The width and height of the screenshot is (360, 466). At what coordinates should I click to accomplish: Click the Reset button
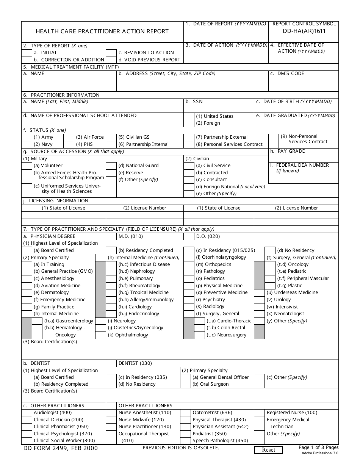point(269,450)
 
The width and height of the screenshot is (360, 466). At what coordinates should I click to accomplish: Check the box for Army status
point(27,137)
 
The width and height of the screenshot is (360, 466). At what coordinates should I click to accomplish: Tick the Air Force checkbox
point(69,137)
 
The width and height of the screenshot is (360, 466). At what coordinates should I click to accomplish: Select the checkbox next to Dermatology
point(27,292)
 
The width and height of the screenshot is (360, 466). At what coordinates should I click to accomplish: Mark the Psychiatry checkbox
point(189,300)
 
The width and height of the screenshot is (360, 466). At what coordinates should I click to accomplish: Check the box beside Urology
point(259,300)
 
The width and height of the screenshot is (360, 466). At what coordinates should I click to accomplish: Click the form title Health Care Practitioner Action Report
point(102,31)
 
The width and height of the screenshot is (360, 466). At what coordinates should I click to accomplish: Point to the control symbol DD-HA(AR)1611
point(304,31)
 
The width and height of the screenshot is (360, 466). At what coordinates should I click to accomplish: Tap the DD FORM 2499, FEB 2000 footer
point(59,448)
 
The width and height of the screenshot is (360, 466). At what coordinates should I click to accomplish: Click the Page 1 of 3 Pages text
point(318,447)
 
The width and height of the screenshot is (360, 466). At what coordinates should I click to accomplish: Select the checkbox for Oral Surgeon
point(185,384)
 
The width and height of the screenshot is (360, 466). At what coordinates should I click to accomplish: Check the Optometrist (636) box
point(185,413)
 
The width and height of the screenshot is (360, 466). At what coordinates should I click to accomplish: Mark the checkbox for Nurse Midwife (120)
point(111,420)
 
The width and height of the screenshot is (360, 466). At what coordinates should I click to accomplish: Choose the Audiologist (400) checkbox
point(27,413)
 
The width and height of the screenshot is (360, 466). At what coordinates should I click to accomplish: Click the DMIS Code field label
point(287,73)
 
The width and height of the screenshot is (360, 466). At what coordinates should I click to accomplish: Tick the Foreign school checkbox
point(189,123)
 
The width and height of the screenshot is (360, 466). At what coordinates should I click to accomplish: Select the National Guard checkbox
point(111,166)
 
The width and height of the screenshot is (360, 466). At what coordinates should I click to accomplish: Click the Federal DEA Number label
point(302,165)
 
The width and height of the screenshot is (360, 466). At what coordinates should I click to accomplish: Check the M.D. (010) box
point(111,236)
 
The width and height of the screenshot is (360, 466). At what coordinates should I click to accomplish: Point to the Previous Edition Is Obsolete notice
point(181,448)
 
